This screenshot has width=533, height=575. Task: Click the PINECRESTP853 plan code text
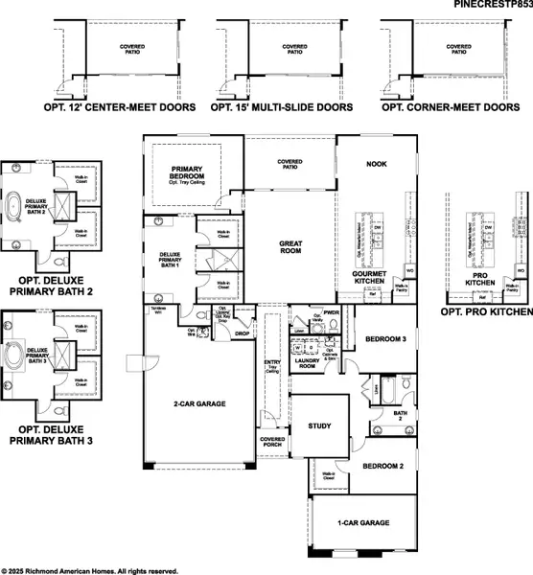(493, 6)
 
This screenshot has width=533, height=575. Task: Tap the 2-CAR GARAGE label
(199, 404)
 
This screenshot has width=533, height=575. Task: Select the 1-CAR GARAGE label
(363, 523)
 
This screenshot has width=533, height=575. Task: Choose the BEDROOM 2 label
(382, 467)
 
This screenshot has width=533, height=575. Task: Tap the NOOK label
(376, 164)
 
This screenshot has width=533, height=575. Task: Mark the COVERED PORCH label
(271, 443)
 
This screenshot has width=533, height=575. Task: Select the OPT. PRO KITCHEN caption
(485, 312)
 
